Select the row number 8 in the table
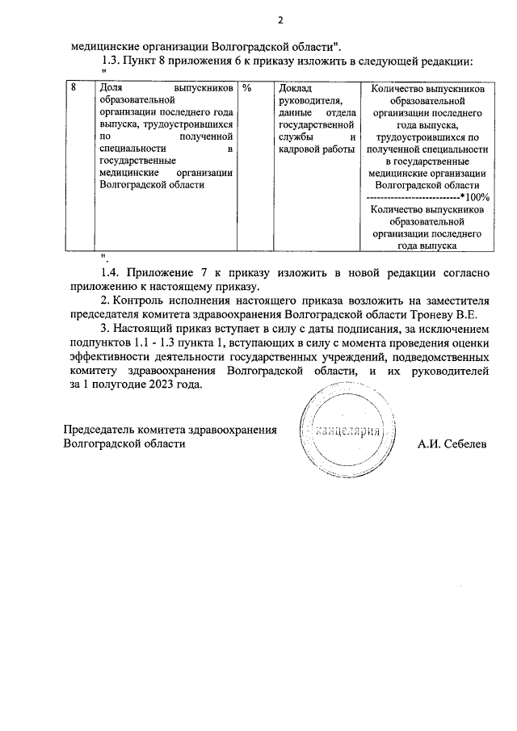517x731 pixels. click(x=74, y=87)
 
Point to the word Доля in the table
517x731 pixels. click(x=108, y=87)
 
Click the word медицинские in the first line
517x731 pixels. click(x=106, y=45)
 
